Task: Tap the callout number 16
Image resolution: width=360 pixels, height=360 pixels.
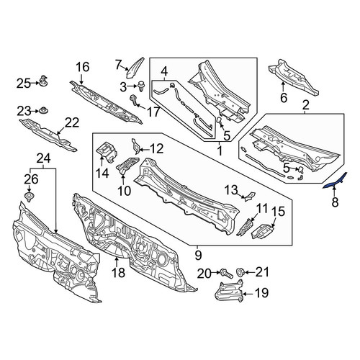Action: click(x=83, y=67)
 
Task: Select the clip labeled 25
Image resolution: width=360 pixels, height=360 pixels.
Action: click(x=43, y=81)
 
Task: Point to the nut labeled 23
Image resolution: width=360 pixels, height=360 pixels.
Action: click(x=44, y=110)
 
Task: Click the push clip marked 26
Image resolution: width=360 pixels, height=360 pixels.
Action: click(x=30, y=197)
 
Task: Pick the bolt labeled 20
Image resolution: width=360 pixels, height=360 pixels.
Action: click(x=226, y=274)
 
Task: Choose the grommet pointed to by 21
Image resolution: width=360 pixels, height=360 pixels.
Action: click(x=240, y=272)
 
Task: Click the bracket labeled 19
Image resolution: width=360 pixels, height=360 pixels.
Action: click(x=229, y=291)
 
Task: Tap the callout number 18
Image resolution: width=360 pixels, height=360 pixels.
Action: click(x=119, y=273)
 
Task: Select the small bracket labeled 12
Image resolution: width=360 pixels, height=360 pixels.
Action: click(x=135, y=146)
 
